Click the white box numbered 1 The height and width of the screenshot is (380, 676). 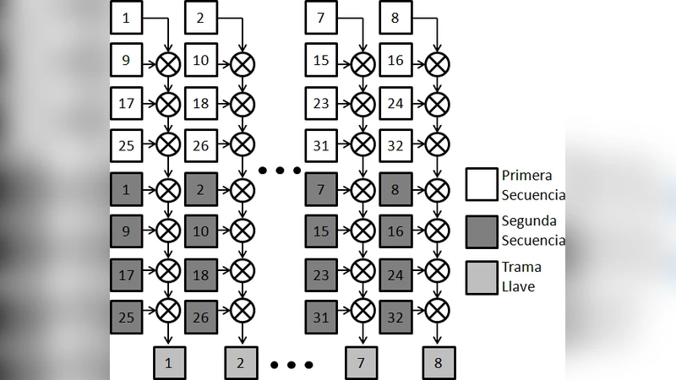pos(126,18)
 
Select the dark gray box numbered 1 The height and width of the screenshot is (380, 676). pos(126,189)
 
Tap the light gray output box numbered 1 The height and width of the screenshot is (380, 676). pos(169,363)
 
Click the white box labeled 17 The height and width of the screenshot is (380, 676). pos(126,104)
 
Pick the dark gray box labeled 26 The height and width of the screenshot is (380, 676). pos(200,317)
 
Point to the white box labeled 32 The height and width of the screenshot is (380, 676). pos(395,146)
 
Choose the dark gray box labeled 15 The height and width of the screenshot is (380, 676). pos(321,231)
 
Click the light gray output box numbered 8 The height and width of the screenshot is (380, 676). pos(439,363)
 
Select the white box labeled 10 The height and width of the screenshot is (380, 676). pos(200,61)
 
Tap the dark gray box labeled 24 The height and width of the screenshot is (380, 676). pos(395,274)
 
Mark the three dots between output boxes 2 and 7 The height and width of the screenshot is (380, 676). pos(292,365)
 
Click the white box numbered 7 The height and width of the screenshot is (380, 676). pos(321,18)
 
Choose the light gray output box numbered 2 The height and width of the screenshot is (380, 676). pos(241,363)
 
